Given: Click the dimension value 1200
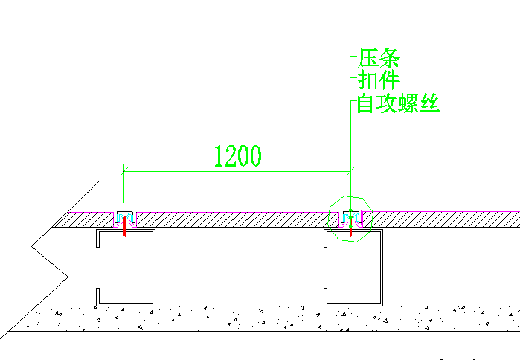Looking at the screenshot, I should [x=237, y=156].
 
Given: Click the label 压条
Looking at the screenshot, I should [x=379, y=58].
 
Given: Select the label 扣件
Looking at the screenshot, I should [x=379, y=80].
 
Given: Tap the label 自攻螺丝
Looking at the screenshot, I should [x=399, y=103].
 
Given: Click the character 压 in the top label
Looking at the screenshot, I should [x=368, y=58].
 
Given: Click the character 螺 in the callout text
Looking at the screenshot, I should [x=410, y=103].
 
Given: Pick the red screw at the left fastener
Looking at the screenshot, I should [x=124, y=228].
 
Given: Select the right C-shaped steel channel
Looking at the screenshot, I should [x=379, y=268].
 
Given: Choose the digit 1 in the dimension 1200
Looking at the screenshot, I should [x=219, y=156].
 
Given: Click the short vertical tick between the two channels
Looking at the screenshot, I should [x=182, y=295].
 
